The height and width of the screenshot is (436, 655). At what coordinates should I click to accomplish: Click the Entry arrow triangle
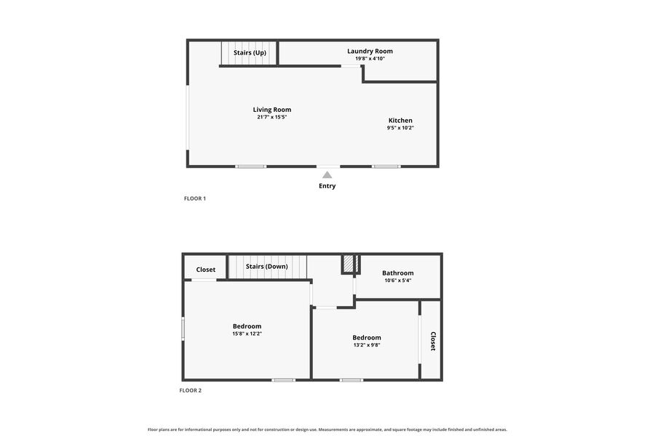point(327,175)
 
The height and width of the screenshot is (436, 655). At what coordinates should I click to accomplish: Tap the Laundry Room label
point(370,51)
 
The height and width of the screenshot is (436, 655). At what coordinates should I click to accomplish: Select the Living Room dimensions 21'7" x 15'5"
point(272,117)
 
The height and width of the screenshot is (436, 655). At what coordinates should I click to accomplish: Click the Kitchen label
point(400,120)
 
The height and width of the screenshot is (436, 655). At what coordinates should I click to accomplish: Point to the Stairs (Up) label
point(250,52)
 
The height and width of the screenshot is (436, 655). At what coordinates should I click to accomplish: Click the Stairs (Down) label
point(266,266)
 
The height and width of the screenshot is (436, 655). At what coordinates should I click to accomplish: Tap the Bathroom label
point(398,273)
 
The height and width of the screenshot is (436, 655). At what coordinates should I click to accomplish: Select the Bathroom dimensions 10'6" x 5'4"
point(398,280)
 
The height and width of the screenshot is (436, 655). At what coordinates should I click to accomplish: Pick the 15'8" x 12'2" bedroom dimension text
point(247,334)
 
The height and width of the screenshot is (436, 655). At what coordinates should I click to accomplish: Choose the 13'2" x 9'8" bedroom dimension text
point(367,345)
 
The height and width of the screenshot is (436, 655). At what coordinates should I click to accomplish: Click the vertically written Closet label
point(433,342)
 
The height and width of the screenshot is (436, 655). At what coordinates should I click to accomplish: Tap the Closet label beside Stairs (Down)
point(206,270)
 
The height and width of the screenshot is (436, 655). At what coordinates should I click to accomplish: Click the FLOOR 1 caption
point(195,198)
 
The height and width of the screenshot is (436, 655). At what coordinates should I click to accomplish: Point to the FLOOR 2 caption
point(191,390)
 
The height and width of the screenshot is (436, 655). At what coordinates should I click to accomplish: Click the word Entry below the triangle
point(327,186)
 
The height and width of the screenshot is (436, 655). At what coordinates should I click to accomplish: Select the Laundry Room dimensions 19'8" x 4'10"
point(370,59)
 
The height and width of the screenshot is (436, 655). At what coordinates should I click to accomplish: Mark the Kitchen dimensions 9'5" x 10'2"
point(400,128)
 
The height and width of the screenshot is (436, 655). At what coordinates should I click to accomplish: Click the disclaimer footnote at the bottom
point(327,429)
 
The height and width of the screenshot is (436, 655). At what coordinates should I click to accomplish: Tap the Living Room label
point(272,110)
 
